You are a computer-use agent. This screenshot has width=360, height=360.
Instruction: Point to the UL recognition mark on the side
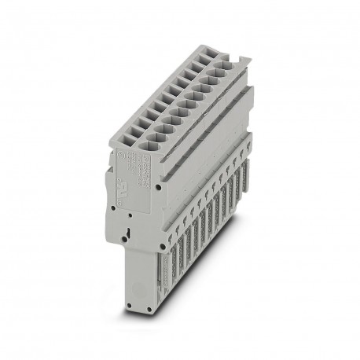(147, 186)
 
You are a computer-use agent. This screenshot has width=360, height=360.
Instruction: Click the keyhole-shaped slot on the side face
(127, 233)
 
